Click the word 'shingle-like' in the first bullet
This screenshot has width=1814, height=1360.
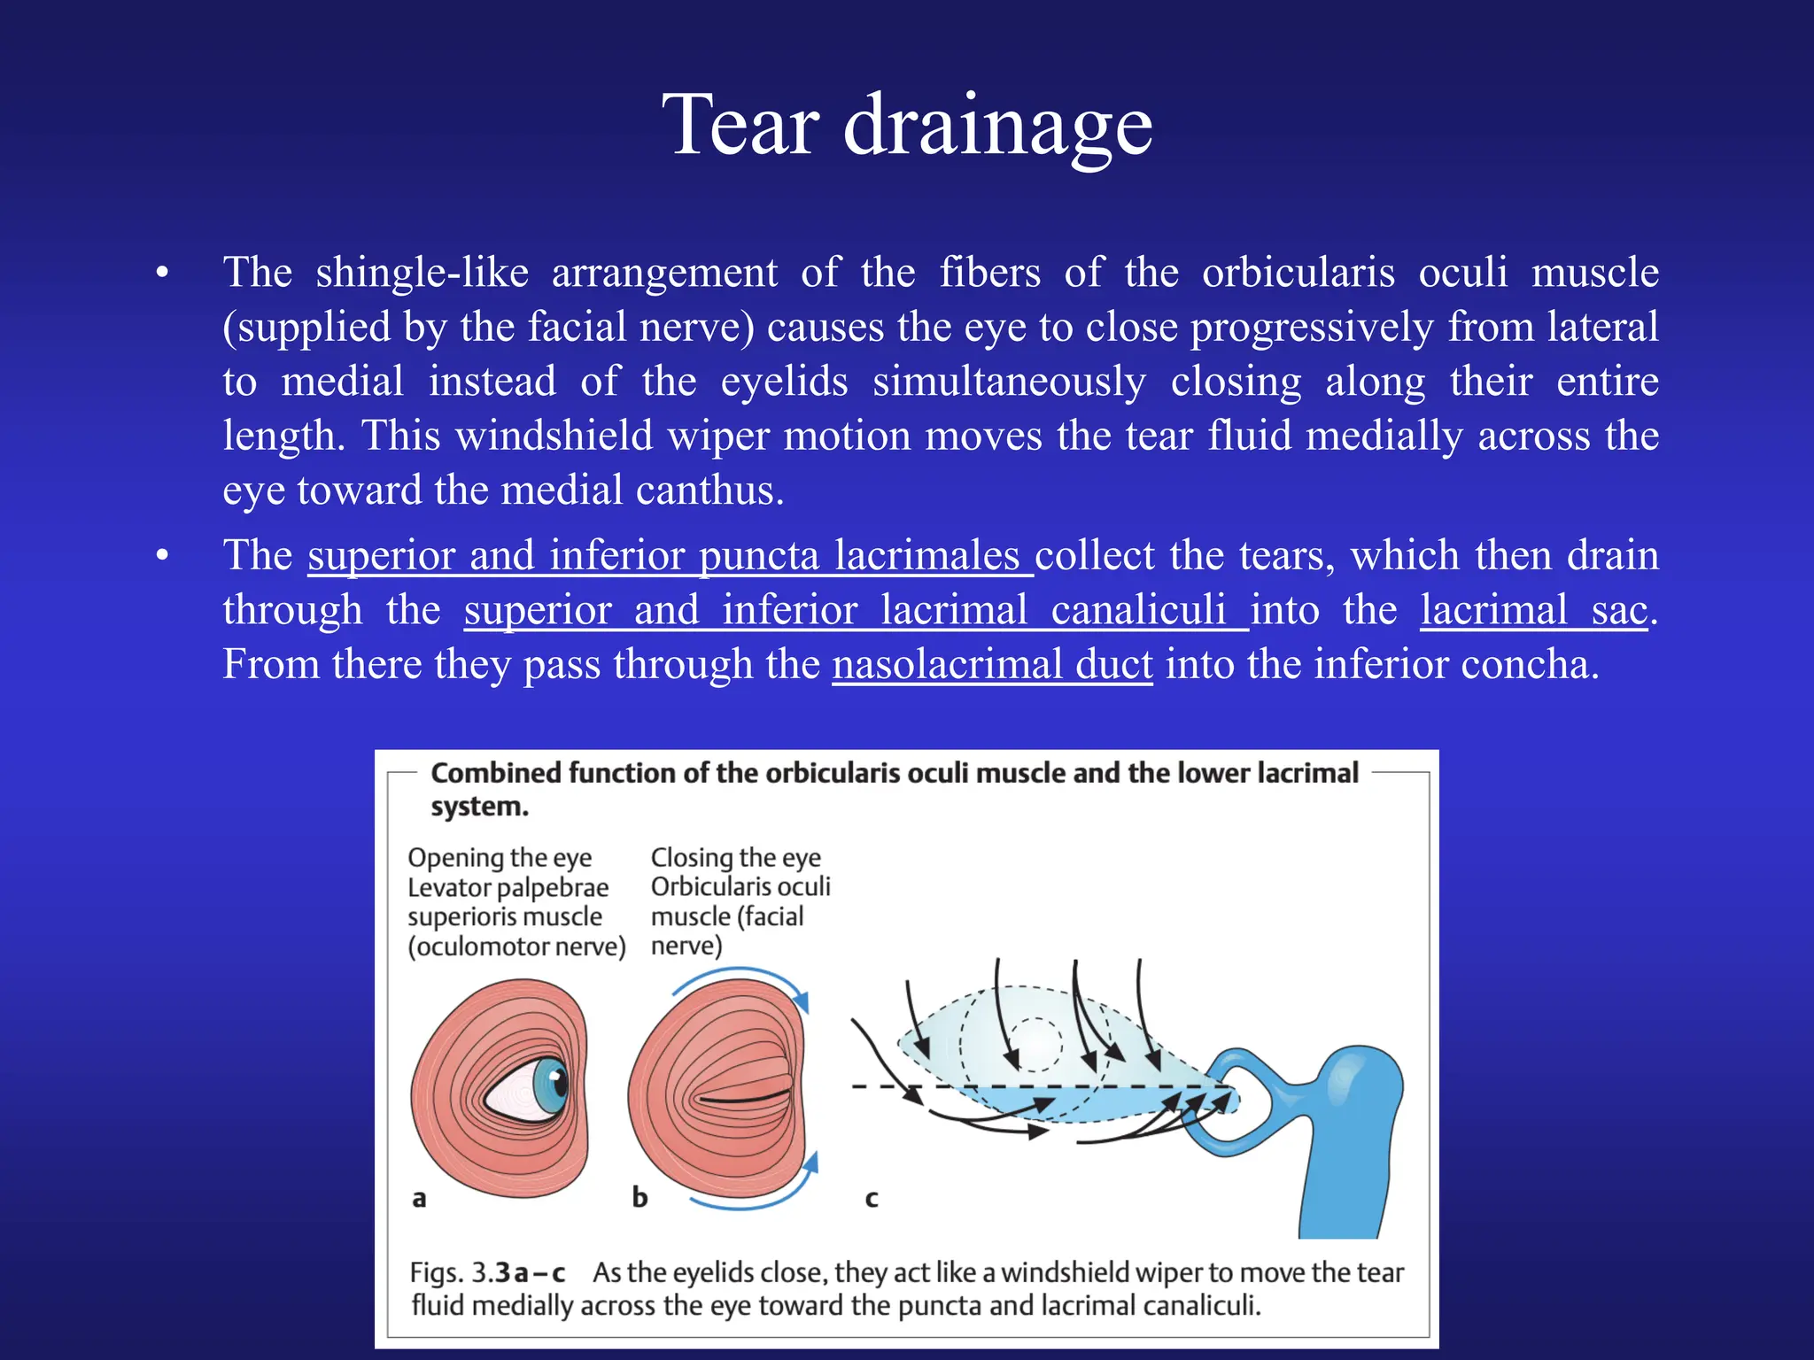pyautogui.click(x=422, y=272)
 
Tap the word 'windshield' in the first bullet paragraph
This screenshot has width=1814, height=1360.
pyautogui.click(x=554, y=436)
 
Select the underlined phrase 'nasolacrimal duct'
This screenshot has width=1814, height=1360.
pyautogui.click(x=992, y=664)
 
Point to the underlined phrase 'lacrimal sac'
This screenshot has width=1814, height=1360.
pyautogui.click(x=1534, y=610)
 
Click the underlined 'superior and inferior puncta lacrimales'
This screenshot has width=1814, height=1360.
pyautogui.click(x=670, y=556)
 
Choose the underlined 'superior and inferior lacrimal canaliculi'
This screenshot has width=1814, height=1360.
pyautogui.click(x=856, y=610)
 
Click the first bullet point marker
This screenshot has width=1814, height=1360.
pyautogui.click(x=162, y=272)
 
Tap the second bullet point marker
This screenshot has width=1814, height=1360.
pyautogui.click(x=162, y=556)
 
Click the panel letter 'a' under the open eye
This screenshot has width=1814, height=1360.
pyautogui.click(x=419, y=1199)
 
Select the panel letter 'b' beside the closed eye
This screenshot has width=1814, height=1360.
pyautogui.click(x=640, y=1197)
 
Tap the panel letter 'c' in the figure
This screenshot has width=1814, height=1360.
pyautogui.click(x=872, y=1199)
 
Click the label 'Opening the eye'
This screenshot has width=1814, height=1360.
pyautogui.click(x=500, y=858)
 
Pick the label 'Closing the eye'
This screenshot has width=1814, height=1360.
pyautogui.click(x=735, y=858)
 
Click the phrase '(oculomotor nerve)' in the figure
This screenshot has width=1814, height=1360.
pyautogui.click(x=516, y=947)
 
